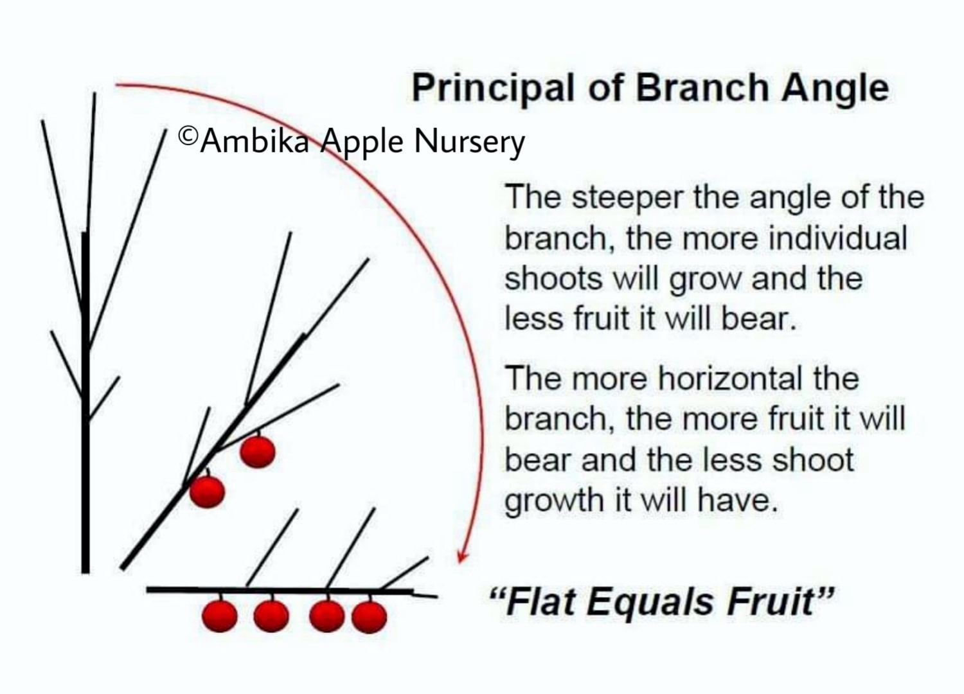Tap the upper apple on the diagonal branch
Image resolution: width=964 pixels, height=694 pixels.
tap(257, 451)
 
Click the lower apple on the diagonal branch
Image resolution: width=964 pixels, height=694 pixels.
tap(207, 491)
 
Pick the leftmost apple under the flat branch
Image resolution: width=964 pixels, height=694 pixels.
tap(220, 616)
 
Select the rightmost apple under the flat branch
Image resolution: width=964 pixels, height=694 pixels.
tap(370, 617)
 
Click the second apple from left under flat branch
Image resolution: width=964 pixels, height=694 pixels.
tap(271, 616)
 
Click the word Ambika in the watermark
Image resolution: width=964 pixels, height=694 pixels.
tap(254, 141)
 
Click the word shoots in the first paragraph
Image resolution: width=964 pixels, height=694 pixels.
tap(553, 279)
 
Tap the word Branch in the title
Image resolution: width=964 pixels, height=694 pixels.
tap(702, 89)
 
